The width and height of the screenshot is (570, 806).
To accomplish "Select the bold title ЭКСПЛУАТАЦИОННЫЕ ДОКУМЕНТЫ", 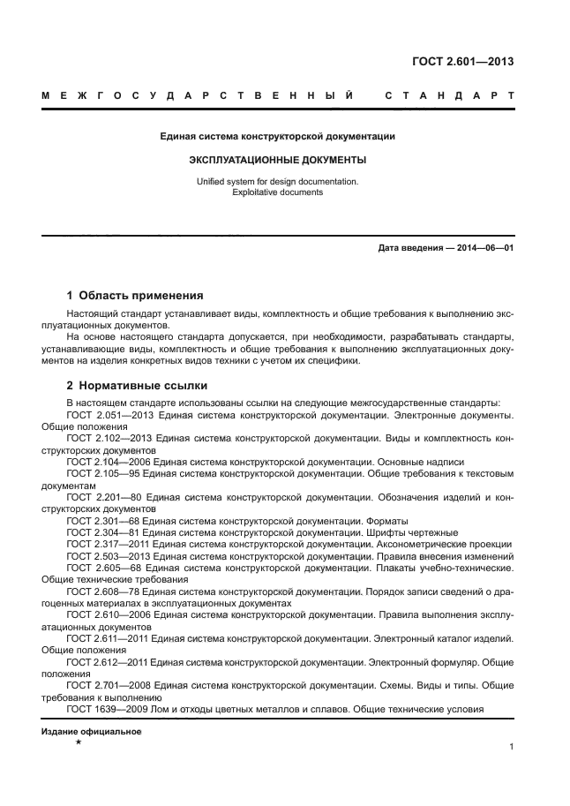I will [277, 161].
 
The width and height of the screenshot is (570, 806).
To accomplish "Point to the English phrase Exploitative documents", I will [277, 192].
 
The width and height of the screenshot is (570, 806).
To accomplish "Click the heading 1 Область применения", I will [135, 296].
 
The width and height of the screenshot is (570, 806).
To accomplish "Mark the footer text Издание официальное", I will [91, 732].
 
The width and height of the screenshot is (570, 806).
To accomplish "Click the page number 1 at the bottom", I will [512, 747].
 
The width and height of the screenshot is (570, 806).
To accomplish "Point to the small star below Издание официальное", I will [78, 744].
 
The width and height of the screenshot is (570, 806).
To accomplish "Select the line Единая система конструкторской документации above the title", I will [277, 137].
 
